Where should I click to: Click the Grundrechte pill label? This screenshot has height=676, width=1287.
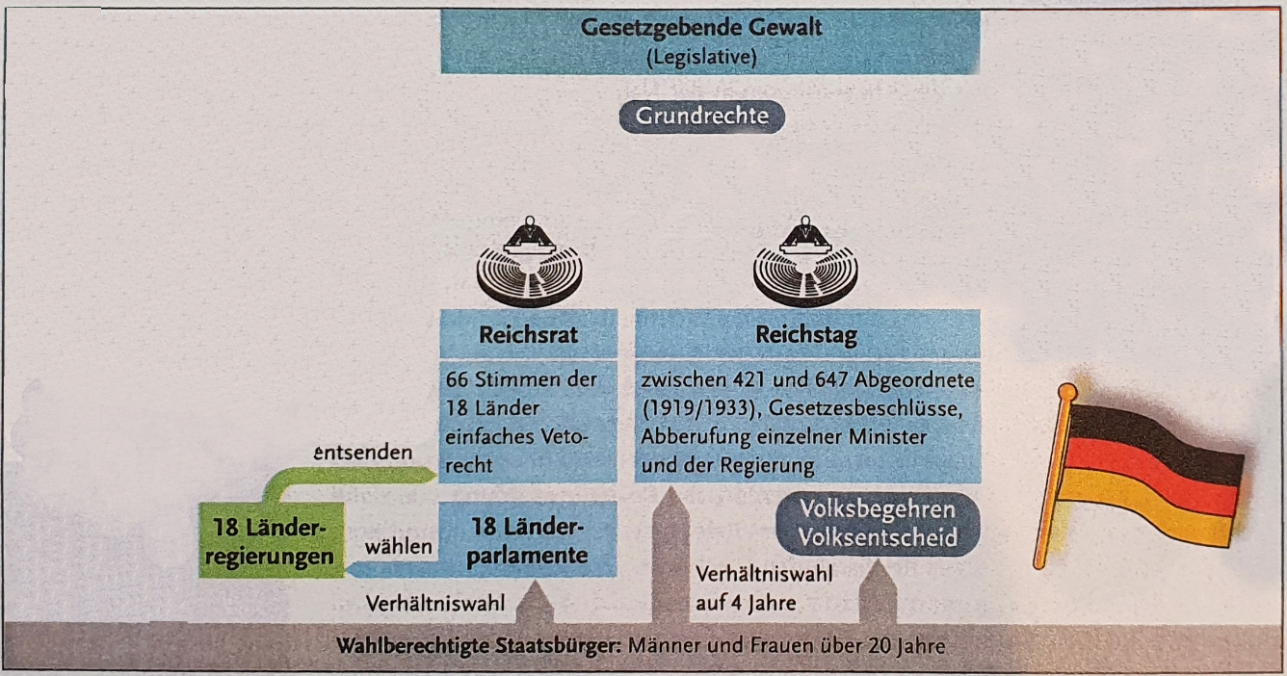tap(701, 117)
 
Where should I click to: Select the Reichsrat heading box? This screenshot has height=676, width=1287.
tap(529, 334)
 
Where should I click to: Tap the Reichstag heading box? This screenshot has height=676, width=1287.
tap(807, 334)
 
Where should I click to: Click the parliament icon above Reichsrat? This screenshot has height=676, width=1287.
tap(529, 262)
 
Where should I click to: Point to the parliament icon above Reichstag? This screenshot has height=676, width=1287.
tap(805, 262)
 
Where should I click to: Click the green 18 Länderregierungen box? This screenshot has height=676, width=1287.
tap(272, 540)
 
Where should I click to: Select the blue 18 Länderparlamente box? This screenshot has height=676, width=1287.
tap(528, 539)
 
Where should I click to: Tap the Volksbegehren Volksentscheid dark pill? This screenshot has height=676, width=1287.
tap(878, 524)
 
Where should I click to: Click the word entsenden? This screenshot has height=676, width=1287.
tap(363, 453)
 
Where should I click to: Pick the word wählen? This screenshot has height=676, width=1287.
tap(398, 546)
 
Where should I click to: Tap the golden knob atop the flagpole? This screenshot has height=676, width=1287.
tap(1067, 392)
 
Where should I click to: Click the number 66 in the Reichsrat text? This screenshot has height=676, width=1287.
tap(458, 379)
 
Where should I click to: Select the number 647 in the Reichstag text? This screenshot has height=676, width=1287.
tap(831, 379)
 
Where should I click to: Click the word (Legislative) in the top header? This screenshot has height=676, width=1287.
tap(701, 58)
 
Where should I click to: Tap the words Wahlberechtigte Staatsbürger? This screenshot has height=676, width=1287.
tap(479, 646)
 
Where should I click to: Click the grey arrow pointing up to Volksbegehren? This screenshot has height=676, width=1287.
tap(878, 591)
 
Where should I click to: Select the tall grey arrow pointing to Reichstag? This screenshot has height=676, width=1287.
tap(670, 555)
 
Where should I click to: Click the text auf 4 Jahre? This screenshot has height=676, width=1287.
tap(746, 603)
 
